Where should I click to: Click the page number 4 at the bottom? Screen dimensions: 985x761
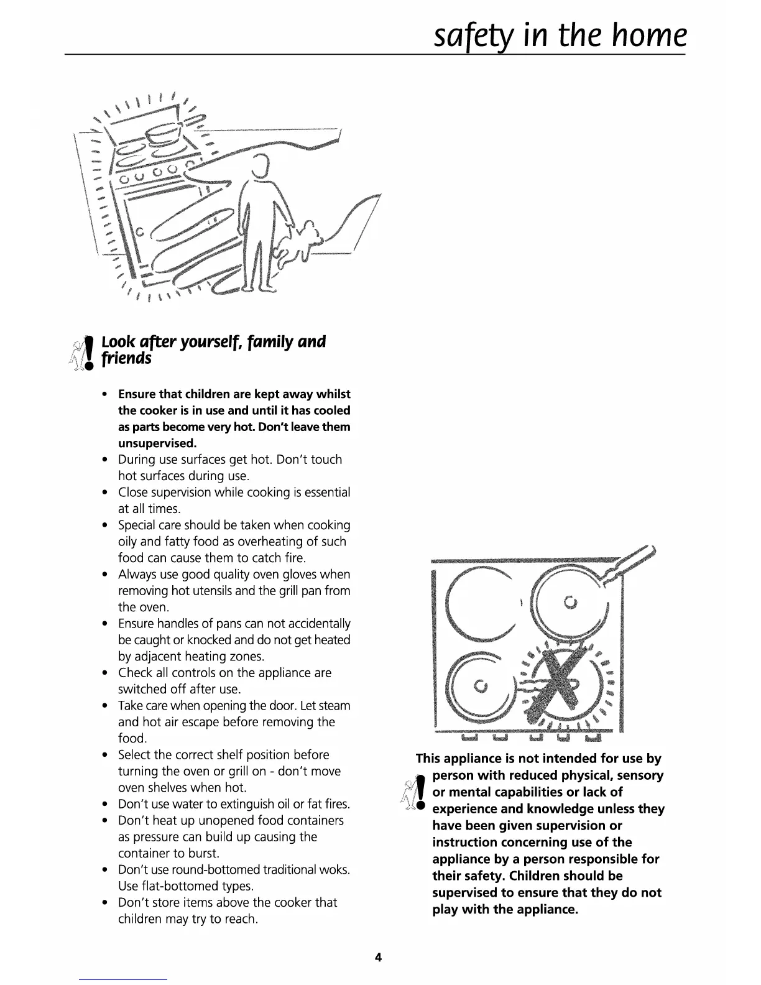(378, 958)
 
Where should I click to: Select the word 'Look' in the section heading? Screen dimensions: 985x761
(116, 342)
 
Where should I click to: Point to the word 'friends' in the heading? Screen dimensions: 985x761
(126, 359)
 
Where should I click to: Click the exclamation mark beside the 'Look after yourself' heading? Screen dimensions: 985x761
(89, 351)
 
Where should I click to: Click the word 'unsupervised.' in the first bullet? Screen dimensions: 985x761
(157, 443)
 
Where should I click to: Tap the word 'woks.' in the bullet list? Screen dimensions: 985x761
(334, 869)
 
